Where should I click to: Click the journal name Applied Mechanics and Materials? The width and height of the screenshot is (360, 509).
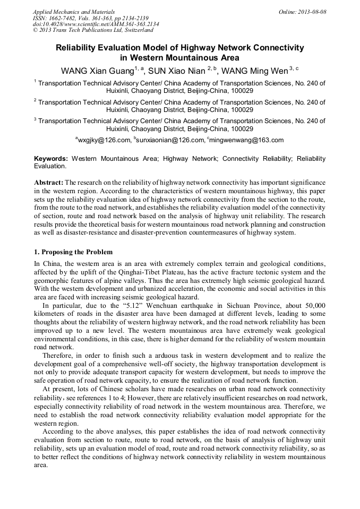pyautogui.click(x=73, y=11)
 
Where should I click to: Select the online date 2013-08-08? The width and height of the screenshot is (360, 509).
pyautogui.click(x=312, y=11)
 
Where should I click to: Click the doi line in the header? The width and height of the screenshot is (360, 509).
pyautogui.click(x=96, y=24)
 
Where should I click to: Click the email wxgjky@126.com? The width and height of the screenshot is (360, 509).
pyautogui.click(x=104, y=140)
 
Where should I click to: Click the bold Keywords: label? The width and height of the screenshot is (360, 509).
pyautogui.click(x=51, y=159)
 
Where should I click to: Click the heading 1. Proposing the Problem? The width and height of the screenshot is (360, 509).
pyautogui.click(x=73, y=252)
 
